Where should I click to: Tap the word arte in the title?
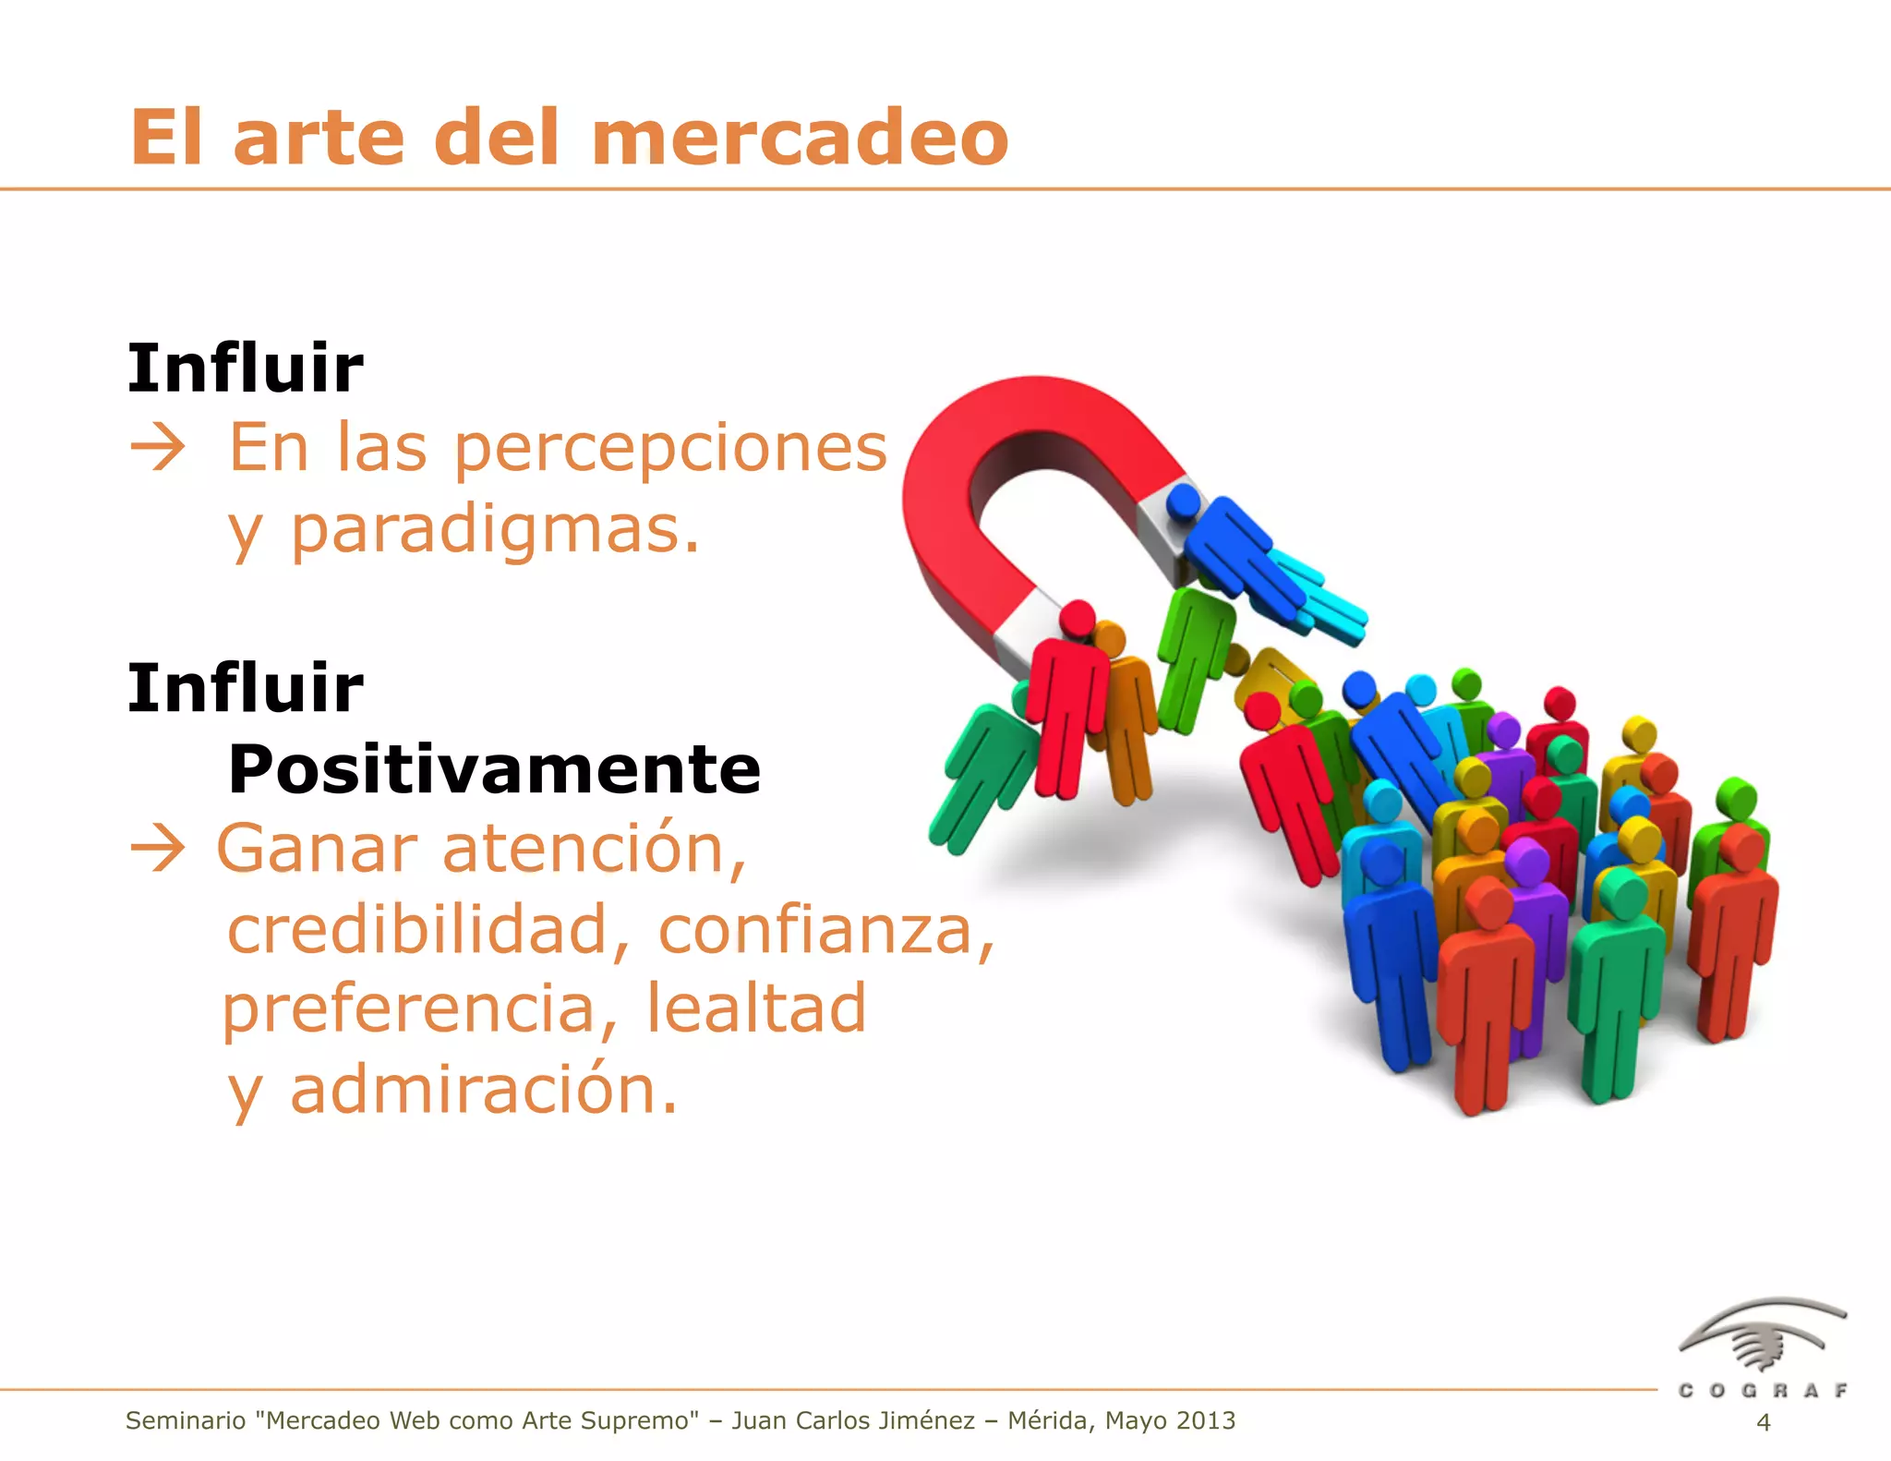click(x=319, y=139)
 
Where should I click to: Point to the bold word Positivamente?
click(x=494, y=769)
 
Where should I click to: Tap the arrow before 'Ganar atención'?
click(x=158, y=849)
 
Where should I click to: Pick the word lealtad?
click(x=755, y=1008)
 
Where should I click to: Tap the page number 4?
click(x=1763, y=1422)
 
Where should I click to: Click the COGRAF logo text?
click(x=1763, y=1390)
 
